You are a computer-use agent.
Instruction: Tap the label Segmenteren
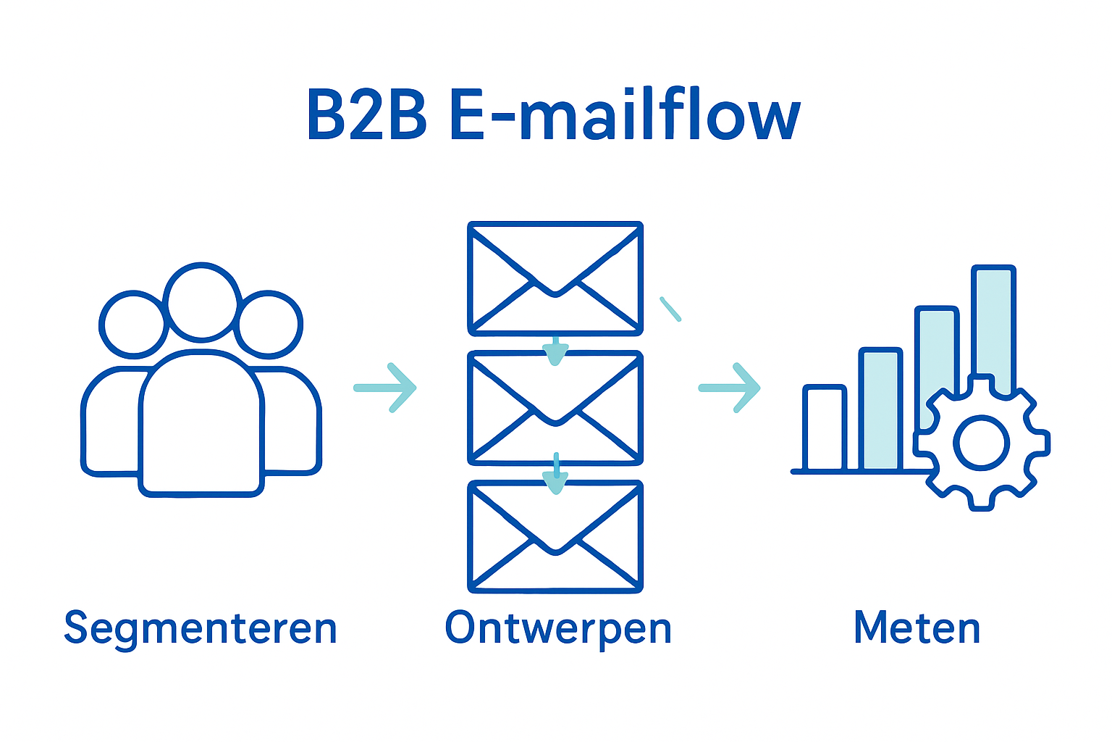(201, 628)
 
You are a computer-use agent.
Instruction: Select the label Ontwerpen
(558, 628)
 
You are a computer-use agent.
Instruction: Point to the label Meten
(917, 628)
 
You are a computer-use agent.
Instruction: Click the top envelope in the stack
(555, 278)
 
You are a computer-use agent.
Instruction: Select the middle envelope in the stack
(555, 408)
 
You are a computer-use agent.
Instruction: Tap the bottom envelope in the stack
(555, 537)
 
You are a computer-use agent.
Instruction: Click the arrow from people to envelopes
(386, 388)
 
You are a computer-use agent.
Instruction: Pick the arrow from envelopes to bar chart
(730, 388)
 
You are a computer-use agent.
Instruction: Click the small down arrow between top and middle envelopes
(555, 351)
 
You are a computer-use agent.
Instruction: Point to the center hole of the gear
(981, 443)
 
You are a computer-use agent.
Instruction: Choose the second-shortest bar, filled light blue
(880, 410)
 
